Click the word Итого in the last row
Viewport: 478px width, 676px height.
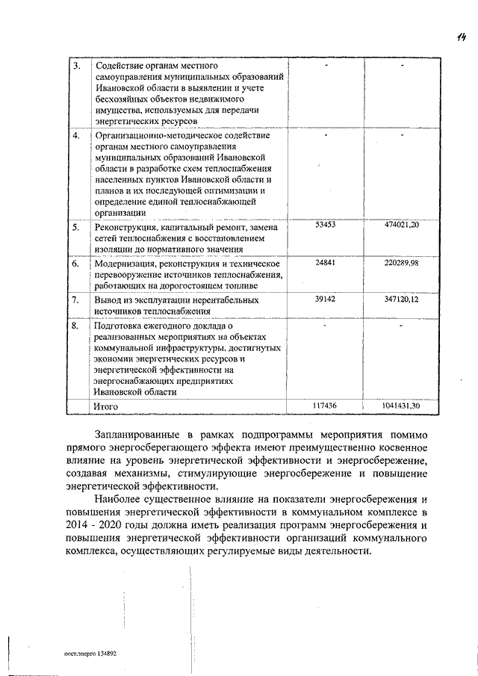[x=105, y=406]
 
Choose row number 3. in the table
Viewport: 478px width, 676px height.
[x=75, y=66]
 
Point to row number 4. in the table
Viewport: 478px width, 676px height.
[x=75, y=136]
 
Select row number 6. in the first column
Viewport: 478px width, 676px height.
[x=75, y=264]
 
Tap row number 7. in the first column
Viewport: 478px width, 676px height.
[x=75, y=300]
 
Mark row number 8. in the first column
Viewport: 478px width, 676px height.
[x=75, y=326]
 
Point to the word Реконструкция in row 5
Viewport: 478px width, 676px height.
[x=125, y=227]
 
